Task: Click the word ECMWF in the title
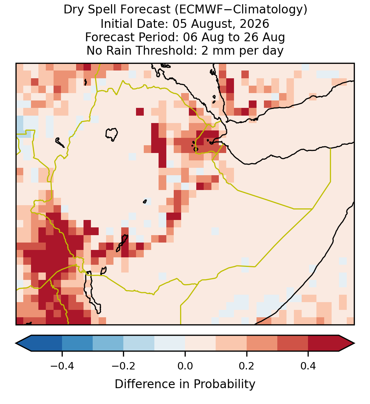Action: (198, 10)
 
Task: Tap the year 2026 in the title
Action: (254, 24)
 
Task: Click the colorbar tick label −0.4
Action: (62, 366)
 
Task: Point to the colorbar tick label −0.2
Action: (124, 366)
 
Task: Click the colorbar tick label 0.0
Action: (185, 366)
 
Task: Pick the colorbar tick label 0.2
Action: (247, 366)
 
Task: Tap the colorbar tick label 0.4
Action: (308, 366)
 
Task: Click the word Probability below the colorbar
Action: (224, 384)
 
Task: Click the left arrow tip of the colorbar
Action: (16, 343)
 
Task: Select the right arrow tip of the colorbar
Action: (354, 343)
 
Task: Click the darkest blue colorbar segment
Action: (39, 343)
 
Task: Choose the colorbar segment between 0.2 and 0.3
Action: (262, 343)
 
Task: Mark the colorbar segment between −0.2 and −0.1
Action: (139, 343)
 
